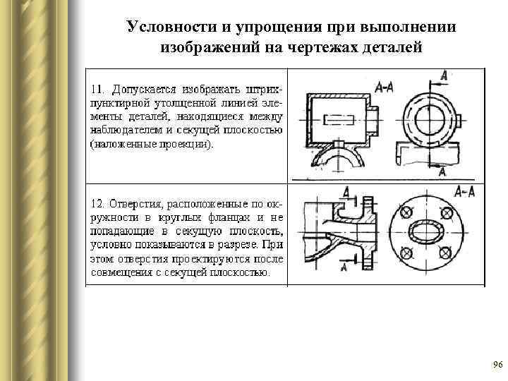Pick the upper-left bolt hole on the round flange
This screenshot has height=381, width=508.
[406, 213]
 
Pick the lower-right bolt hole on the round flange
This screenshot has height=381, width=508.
[446, 253]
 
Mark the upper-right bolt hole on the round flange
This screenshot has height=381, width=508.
[446, 213]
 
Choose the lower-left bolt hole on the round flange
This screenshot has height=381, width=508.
[406, 253]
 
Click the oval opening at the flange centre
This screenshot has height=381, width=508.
[426, 233]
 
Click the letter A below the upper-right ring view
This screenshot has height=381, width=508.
[442, 172]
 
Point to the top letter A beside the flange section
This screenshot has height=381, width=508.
[346, 191]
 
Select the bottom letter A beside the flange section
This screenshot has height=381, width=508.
[344, 267]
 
